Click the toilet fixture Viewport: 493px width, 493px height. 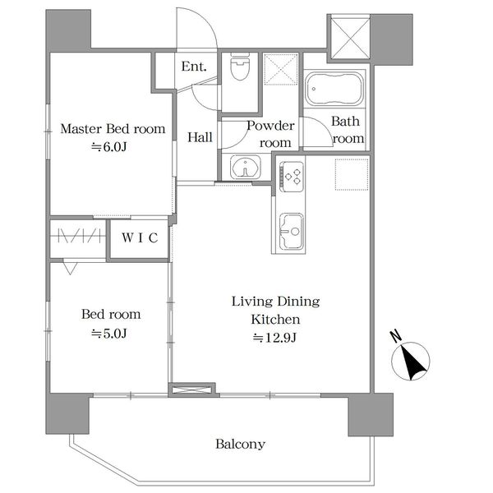pos(240,67)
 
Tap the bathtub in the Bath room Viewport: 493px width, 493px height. pos(334,89)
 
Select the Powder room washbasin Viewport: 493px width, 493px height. pos(245,168)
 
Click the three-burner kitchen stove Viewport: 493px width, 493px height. pos(292,177)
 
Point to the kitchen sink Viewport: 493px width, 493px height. pos(292,231)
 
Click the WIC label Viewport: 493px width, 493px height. pos(140,237)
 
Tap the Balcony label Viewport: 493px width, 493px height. pos(240,444)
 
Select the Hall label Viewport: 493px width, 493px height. pos(200,137)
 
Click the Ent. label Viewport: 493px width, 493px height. pos(194,67)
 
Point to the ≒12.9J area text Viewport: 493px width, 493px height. pos(274,338)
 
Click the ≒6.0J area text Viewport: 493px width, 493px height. pos(108,147)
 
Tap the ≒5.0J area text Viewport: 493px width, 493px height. pos(108,333)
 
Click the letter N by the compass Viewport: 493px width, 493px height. pos(397,336)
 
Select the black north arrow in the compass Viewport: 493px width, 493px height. pos(412,362)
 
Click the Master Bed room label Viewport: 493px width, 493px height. pos(113,129)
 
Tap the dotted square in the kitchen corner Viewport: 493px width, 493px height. pos(352,174)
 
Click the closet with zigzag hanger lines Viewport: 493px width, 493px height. pos(78,238)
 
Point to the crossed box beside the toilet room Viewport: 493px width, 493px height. pos(281,69)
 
